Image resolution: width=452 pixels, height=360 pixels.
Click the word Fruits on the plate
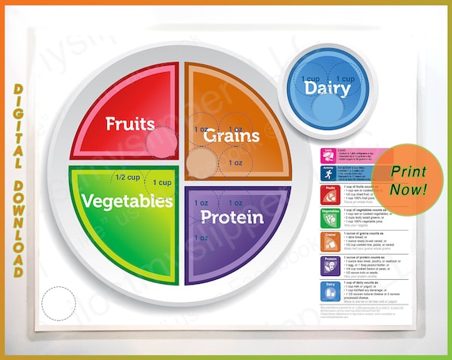coord(130,124)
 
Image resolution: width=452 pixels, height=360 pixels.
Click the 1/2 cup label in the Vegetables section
coord(128,178)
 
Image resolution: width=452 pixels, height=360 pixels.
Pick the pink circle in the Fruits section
coord(162,143)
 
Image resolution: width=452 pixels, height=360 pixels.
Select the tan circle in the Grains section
coord(198,164)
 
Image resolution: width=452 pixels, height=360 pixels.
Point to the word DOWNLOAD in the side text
coord(17,199)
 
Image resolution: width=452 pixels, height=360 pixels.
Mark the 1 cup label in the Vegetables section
coord(162,183)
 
